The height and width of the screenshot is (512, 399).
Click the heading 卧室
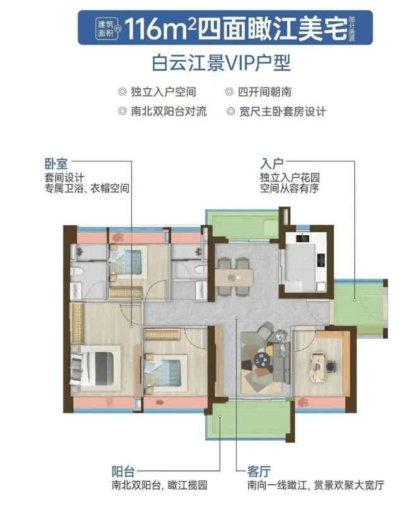click(56, 163)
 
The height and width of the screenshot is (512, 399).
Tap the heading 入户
click(272, 163)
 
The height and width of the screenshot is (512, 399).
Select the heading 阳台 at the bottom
click(123, 472)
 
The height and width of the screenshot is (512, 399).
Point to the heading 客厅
click(259, 472)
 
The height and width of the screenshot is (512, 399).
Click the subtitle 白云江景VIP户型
click(222, 63)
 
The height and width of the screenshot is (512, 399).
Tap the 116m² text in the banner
click(160, 28)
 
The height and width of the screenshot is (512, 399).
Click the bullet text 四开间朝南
click(265, 92)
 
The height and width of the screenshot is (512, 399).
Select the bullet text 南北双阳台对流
click(169, 112)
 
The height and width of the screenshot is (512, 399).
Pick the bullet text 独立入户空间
click(163, 92)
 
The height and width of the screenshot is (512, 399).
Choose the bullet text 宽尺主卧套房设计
click(283, 112)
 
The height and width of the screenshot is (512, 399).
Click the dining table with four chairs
click(234, 277)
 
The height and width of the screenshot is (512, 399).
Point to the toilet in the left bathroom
click(76, 271)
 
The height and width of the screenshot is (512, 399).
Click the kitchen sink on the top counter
click(303, 238)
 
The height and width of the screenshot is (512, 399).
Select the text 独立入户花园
click(290, 178)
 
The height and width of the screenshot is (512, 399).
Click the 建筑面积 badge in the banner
click(107, 28)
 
